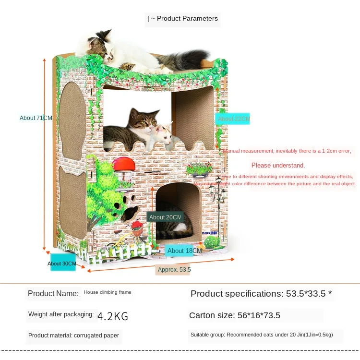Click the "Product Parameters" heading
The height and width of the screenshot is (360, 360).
point(184,19)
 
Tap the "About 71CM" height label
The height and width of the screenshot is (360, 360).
point(36,118)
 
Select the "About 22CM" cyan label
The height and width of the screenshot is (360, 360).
point(233,119)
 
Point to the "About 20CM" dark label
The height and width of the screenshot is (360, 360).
point(165,217)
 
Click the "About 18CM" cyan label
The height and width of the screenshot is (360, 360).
point(183,251)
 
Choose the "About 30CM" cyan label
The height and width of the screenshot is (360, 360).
point(62,264)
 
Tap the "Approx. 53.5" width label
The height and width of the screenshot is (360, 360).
point(174,270)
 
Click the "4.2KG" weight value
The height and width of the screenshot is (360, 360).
point(113,316)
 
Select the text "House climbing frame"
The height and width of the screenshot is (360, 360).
point(108,292)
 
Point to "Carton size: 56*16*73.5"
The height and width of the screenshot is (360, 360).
point(235,315)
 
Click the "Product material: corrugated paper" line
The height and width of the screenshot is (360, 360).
point(73,336)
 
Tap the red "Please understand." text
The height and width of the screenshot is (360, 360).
point(278,166)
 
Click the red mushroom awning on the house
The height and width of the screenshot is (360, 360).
point(124,164)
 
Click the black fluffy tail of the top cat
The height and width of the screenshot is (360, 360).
point(192,60)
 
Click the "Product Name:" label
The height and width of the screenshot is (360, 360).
point(53,293)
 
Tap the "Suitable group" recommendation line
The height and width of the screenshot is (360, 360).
point(261,335)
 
